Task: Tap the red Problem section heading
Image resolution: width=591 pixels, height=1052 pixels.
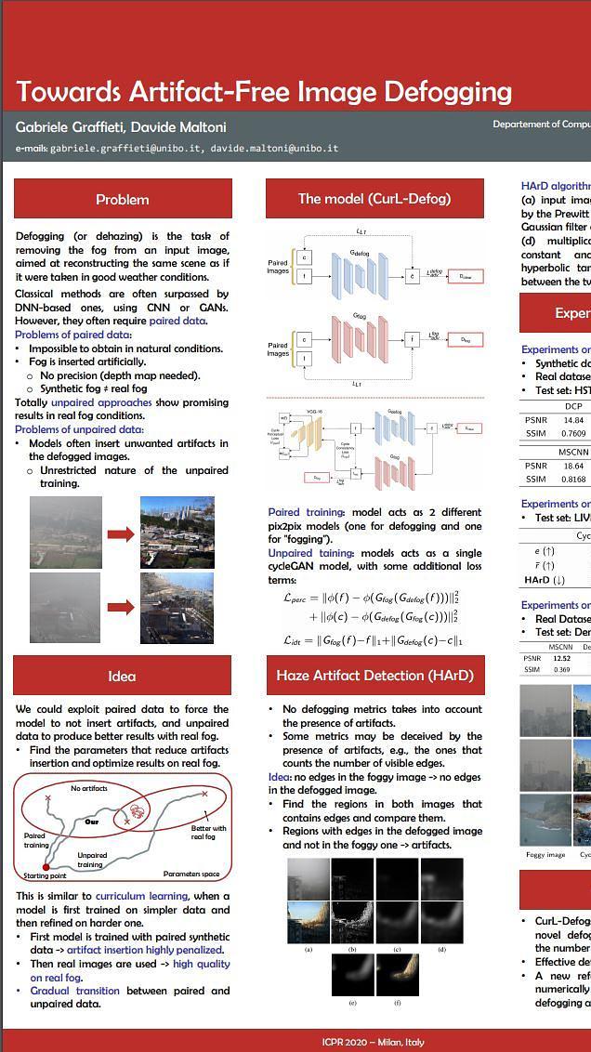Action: [123, 199]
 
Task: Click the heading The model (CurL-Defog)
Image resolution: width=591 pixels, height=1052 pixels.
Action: [374, 198]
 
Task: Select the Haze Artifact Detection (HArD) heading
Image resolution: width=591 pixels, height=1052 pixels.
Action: [374, 676]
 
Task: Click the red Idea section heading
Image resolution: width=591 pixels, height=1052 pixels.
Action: [122, 676]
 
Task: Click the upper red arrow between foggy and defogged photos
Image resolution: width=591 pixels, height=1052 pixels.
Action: [121, 534]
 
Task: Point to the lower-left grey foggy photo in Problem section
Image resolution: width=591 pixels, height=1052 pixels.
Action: [65, 608]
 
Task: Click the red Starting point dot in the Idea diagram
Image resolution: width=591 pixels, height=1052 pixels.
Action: [46, 867]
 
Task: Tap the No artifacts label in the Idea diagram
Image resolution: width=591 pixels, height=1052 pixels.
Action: [89, 788]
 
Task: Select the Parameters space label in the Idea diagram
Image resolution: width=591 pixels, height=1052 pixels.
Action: [191, 874]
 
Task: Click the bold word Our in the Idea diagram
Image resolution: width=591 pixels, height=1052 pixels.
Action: [92, 822]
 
